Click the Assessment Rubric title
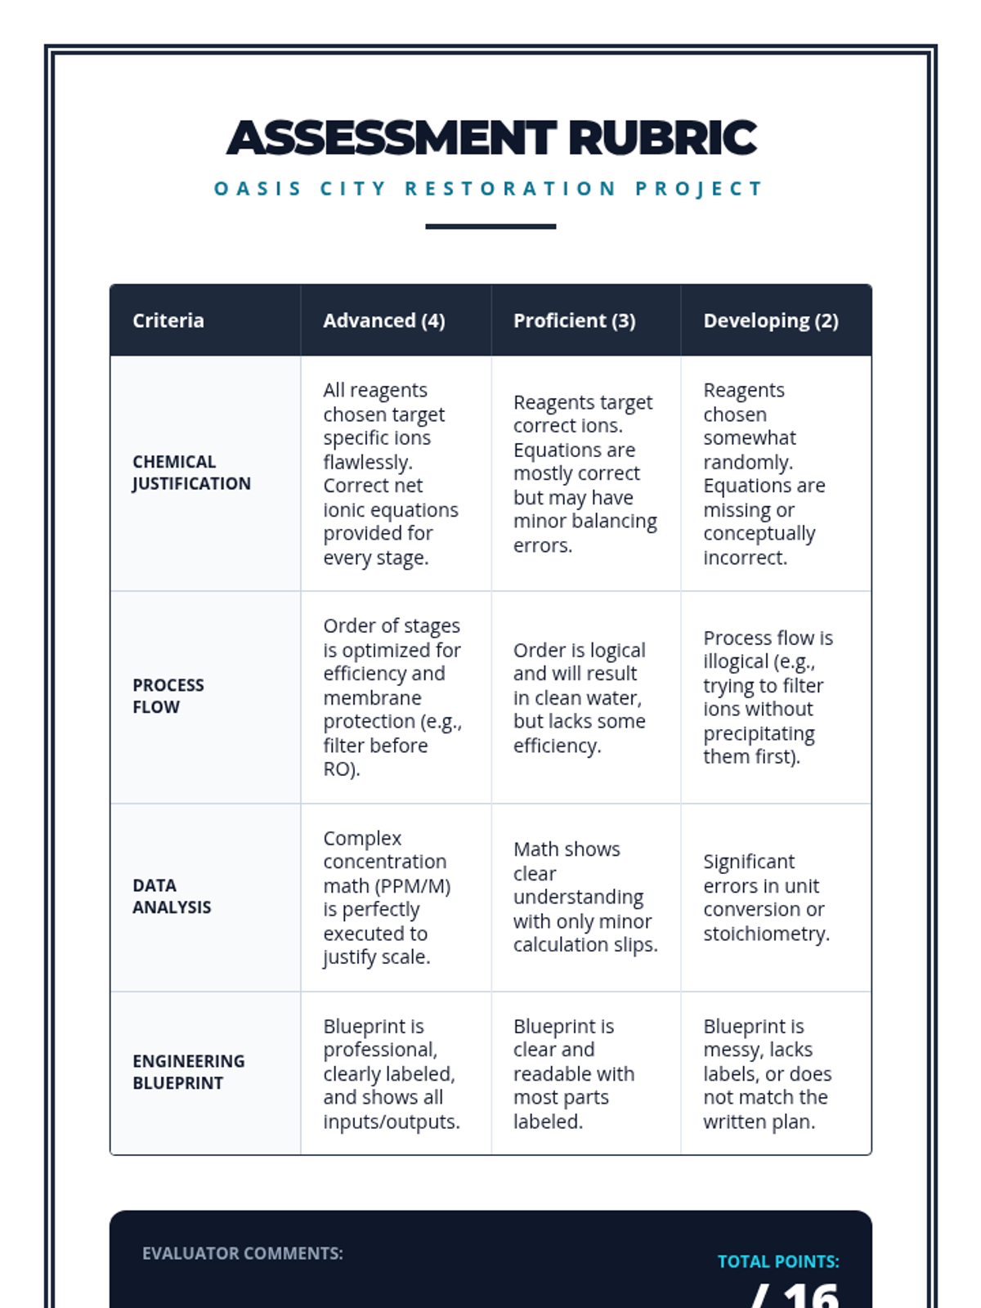[x=491, y=137]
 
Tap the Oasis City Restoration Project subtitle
[x=489, y=189]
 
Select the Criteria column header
[x=168, y=320]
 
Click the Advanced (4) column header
[x=384, y=320]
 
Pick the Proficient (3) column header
[x=574, y=320]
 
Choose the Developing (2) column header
[x=771, y=320]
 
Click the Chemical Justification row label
[x=191, y=473]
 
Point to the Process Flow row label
[x=168, y=696]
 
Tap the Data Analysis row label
[x=172, y=896]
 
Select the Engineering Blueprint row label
[x=189, y=1072]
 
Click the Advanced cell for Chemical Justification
[x=391, y=473]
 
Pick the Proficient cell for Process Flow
[x=579, y=697]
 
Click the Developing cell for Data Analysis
[x=766, y=898]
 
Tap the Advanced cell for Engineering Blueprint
[x=391, y=1073]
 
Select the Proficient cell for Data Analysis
[x=585, y=897]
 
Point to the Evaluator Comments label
[x=243, y=1253]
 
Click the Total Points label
[x=778, y=1261]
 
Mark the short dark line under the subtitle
[x=490, y=226]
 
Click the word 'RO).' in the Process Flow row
[x=342, y=769]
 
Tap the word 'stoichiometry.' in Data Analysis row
[x=766, y=934]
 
